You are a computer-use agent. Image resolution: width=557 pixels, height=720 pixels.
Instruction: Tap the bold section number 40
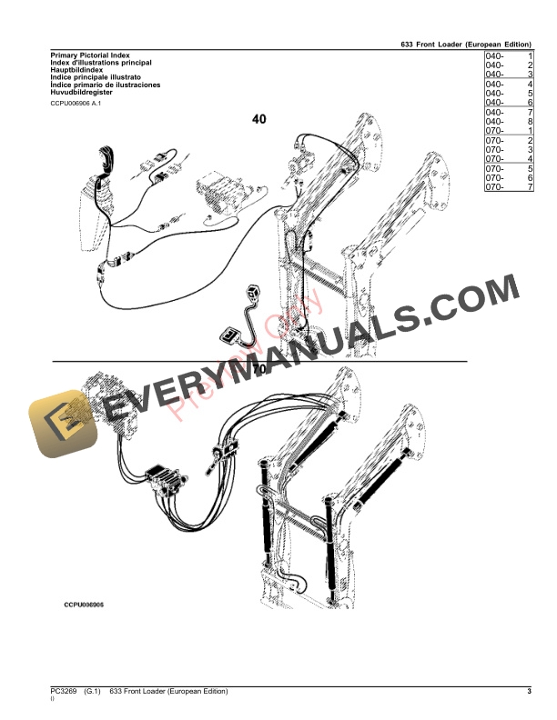point(259,119)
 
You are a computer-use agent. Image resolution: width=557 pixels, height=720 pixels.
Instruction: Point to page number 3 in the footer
point(529,693)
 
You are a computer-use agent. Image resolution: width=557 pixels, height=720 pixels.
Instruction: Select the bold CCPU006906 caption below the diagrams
point(84,604)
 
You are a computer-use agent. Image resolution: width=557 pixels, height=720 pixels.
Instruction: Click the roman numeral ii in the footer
point(53,701)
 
